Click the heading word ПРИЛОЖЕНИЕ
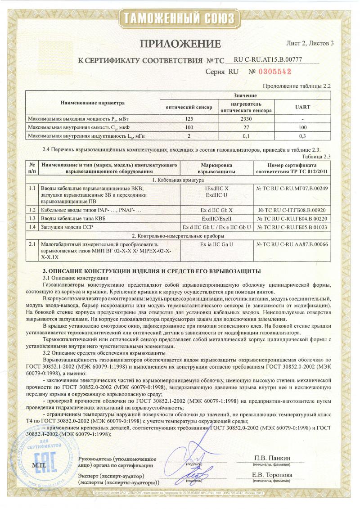[x=180, y=44]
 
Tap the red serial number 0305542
[x=270, y=72]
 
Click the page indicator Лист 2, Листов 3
[x=310, y=44]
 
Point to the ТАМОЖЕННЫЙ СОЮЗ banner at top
[x=180, y=18]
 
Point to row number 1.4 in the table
[x=32, y=227]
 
